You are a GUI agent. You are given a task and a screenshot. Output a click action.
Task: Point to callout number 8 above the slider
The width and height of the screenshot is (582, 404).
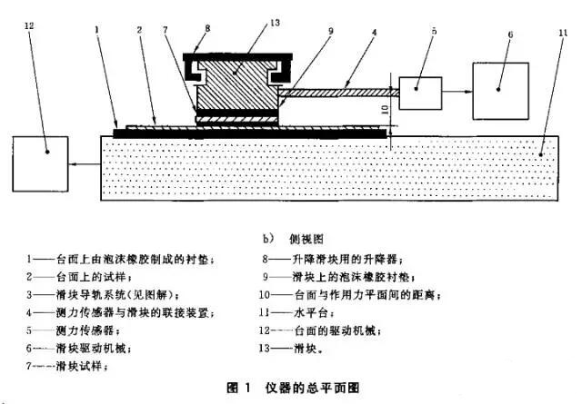coord(206,28)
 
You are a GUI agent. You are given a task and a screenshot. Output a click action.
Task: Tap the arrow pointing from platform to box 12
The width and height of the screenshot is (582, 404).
coord(85,164)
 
